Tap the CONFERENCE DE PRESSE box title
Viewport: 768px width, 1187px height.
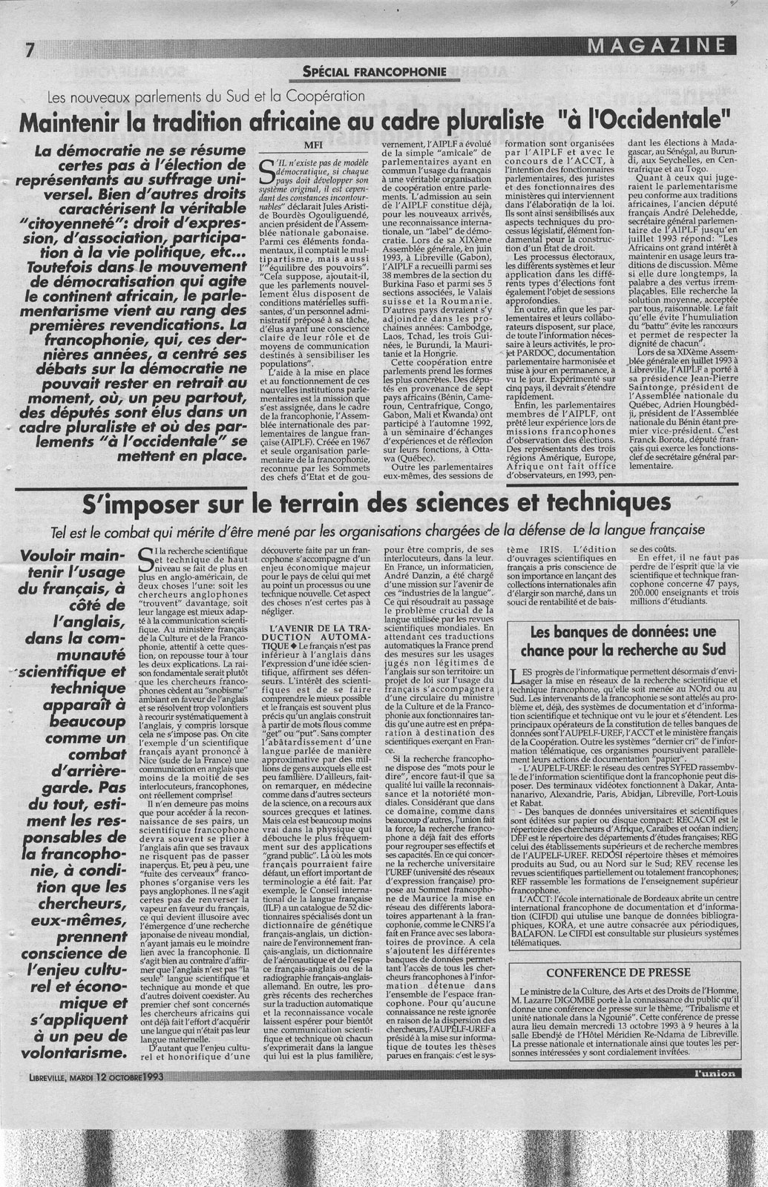coord(625,973)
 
